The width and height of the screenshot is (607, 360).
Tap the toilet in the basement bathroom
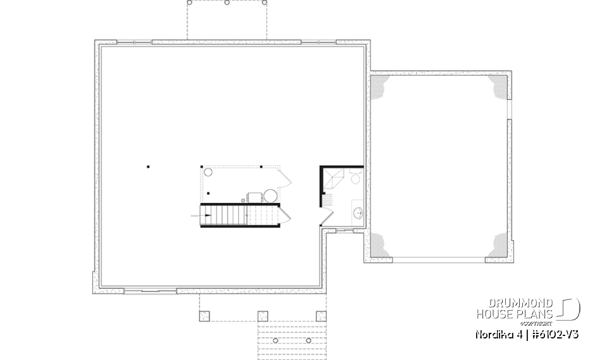(355, 180)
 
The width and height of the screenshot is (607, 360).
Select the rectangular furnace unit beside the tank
(254, 197)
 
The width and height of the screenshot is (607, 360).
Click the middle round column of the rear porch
(227, 3)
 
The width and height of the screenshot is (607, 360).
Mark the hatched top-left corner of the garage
(379, 87)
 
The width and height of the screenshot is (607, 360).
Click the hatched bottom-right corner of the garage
(497, 247)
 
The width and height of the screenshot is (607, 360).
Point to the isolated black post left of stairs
(149, 167)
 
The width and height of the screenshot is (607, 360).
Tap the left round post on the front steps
(277, 340)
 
